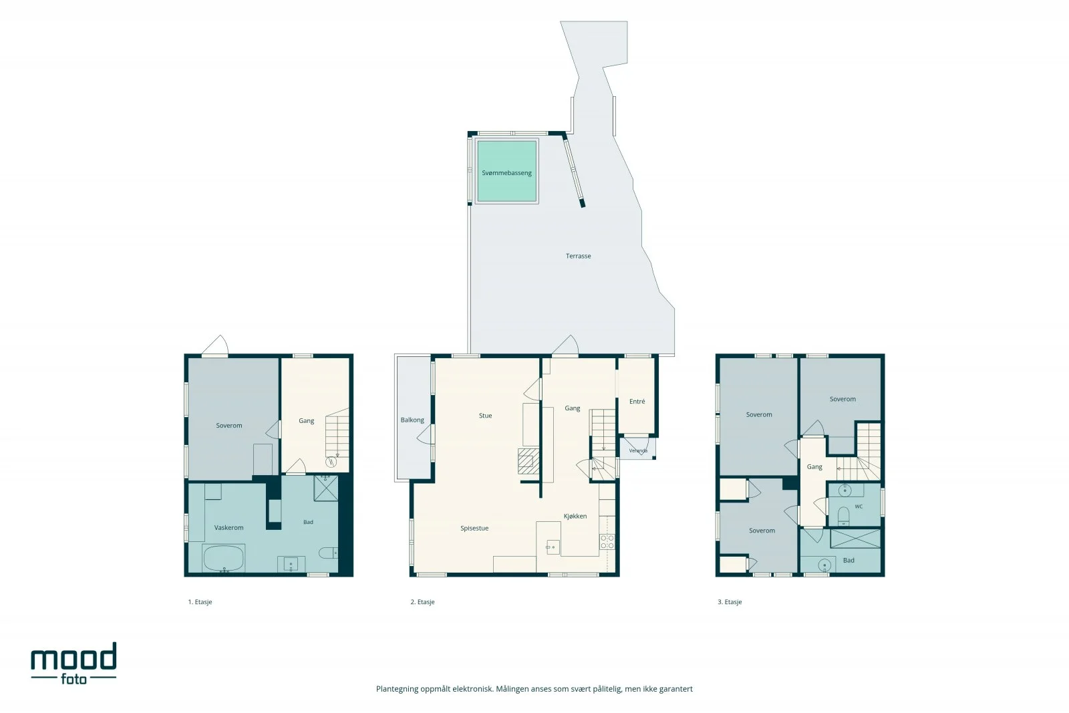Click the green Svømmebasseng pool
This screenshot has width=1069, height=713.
pos(507,171)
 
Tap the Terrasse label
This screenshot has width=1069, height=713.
pos(578,257)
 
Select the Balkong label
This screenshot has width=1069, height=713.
pos(412,420)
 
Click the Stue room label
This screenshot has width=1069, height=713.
pos(485,416)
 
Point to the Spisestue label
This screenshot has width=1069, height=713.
pos(474,529)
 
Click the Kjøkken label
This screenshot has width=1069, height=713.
pos(575,517)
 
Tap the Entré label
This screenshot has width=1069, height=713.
pos(637,402)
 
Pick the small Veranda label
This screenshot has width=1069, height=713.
pos(638,450)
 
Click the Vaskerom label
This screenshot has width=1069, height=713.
pos(228,528)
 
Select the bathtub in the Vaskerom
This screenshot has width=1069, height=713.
pos(223,558)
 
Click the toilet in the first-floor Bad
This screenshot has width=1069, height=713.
pos(328,553)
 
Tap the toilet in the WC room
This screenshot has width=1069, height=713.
pos(844,516)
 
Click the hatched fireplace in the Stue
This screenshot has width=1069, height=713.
pos(528,461)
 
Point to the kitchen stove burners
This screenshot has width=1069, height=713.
pos(607,542)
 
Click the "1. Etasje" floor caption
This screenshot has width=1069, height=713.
pos(200,602)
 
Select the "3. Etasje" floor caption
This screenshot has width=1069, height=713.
pos(730,602)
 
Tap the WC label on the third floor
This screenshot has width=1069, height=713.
pos(859,507)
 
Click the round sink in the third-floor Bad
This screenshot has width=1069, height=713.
pos(824,565)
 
